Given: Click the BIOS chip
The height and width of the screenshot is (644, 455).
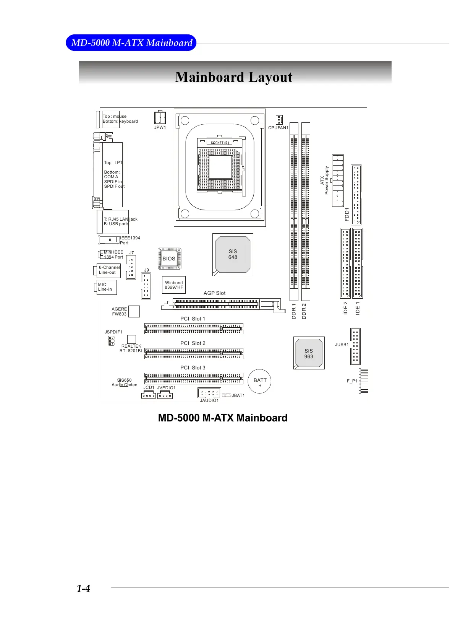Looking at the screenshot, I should click(169, 259).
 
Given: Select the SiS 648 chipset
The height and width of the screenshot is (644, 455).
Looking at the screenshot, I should click(233, 254).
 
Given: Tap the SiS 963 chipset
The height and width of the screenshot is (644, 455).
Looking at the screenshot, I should click(309, 353).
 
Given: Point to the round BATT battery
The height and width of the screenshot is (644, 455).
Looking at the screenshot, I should click(260, 381).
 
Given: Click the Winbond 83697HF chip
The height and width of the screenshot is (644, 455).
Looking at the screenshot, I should click(174, 285).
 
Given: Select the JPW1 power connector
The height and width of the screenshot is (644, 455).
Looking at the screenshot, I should click(160, 117).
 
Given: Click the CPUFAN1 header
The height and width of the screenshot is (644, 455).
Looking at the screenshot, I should click(279, 120).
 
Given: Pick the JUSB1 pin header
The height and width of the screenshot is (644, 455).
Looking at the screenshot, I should click(355, 346).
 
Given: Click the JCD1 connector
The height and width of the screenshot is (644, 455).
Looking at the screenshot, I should click(149, 395).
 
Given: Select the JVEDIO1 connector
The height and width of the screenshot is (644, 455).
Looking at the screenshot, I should click(165, 395).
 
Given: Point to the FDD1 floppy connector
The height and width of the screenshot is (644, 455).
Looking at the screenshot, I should click(356, 195).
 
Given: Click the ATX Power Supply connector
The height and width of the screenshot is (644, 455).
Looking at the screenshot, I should click(338, 181).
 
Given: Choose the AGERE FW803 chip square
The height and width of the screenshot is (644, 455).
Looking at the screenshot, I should click(134, 311).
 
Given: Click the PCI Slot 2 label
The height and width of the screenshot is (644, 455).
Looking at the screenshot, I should click(193, 343).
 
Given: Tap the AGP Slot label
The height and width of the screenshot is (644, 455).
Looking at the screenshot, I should click(214, 293).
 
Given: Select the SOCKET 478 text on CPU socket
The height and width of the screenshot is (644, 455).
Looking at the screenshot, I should click(220, 143).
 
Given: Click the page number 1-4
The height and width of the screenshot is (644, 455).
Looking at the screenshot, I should click(83, 589).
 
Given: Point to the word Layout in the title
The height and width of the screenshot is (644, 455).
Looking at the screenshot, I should click(270, 77).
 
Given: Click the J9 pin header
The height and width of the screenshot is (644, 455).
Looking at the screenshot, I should click(146, 286).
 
